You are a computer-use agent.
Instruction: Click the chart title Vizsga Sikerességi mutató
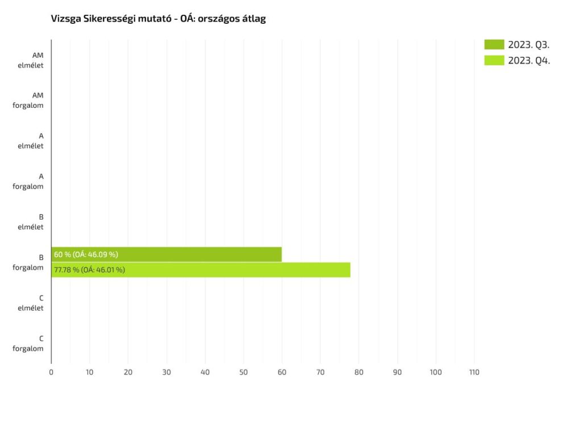[159, 19]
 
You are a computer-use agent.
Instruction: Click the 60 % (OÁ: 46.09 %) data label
[86, 254]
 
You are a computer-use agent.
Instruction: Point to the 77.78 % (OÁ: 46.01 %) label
[89, 270]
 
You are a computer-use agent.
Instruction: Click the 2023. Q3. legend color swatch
[494, 44]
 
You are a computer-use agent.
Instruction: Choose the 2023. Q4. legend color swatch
[494, 60]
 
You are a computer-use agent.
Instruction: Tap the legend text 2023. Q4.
[529, 60]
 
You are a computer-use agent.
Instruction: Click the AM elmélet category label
[31, 60]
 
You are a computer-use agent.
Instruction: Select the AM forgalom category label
[28, 100]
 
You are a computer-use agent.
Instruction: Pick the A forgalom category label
[28, 181]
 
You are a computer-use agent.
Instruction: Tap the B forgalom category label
[28, 262]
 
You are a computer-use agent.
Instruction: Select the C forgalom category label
[28, 343]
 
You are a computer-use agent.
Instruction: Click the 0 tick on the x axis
[51, 372]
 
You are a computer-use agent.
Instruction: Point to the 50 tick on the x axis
[243, 372]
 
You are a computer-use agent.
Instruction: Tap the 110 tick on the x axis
[474, 372]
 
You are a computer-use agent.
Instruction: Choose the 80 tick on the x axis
[359, 372]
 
